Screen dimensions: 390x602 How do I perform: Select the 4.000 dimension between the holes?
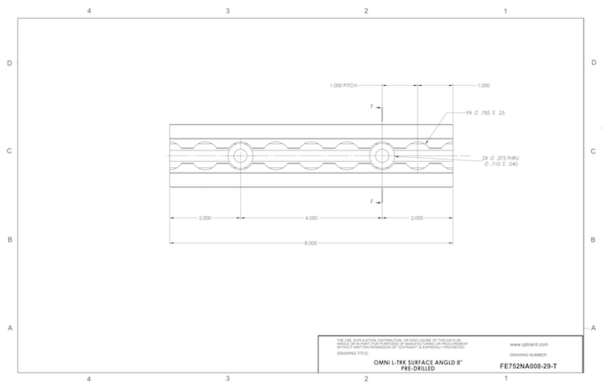(x=311, y=218)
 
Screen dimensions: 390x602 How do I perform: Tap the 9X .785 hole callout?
(x=486, y=113)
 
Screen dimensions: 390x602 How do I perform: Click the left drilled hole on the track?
(x=240, y=156)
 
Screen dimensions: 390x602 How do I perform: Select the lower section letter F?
(x=371, y=201)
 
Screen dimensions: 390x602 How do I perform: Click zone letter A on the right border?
(x=593, y=328)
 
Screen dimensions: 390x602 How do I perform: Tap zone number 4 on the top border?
(x=89, y=11)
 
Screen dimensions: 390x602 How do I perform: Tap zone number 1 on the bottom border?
(x=505, y=379)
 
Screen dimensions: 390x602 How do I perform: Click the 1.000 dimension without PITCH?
(x=484, y=84)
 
